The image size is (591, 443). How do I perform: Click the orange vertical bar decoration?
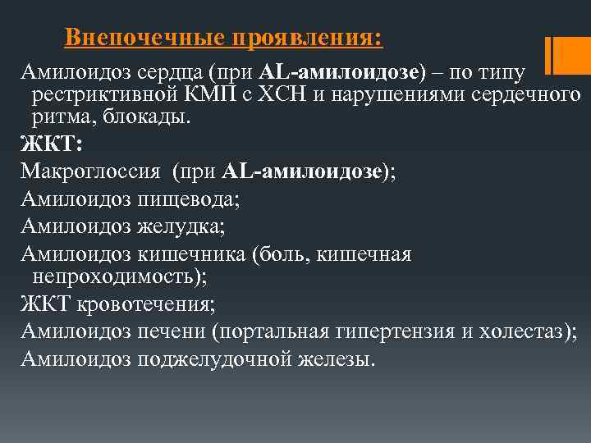(552, 56)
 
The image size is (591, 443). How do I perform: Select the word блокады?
(151, 117)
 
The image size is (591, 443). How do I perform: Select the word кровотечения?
(146, 304)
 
